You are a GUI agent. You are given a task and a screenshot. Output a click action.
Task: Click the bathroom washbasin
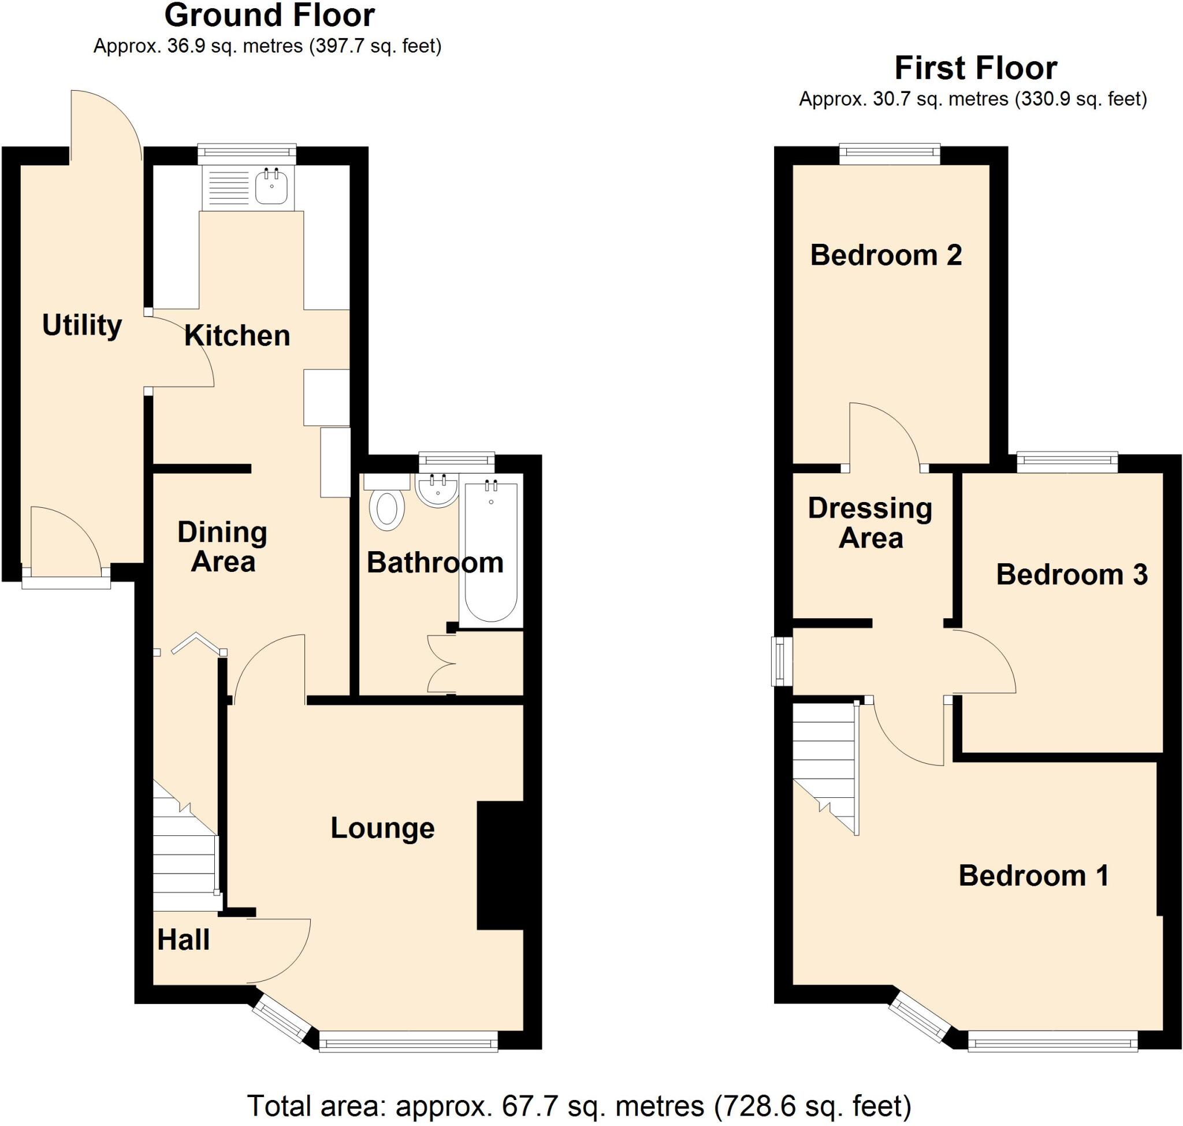tap(437, 490)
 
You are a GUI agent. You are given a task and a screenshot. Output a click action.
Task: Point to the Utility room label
tap(81, 325)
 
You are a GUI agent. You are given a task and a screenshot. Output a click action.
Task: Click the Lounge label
tap(382, 828)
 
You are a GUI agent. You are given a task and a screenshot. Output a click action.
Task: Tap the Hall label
tap(183, 939)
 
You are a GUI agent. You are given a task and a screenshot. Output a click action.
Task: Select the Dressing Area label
tap(870, 523)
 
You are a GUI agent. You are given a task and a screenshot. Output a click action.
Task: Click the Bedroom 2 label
tap(886, 255)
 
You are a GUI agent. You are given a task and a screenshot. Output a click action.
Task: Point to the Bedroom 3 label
tap(1072, 574)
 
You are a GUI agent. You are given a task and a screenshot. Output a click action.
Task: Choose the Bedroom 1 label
tap(1033, 875)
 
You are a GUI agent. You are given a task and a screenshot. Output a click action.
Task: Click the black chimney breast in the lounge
tap(500, 865)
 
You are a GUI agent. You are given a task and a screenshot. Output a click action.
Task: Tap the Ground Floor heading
tap(270, 16)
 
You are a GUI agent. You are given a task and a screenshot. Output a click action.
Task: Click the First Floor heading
tap(975, 68)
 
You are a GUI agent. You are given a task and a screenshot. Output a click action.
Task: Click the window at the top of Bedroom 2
tap(890, 154)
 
